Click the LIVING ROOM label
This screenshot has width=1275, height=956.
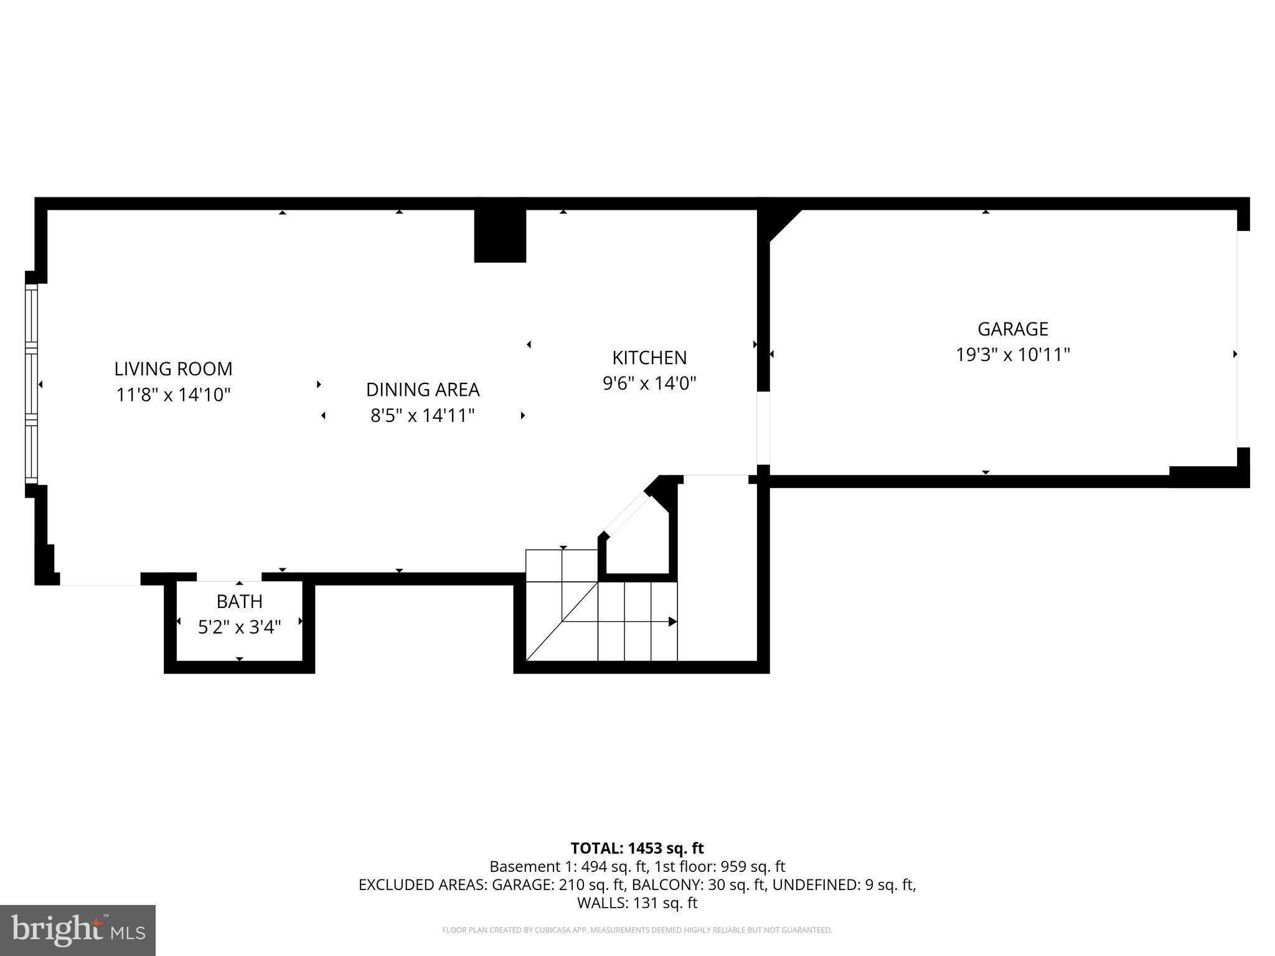[x=173, y=369]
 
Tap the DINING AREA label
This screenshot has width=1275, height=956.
[x=423, y=390]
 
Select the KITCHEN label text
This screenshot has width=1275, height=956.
[x=649, y=358]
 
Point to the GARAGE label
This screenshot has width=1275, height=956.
[x=1012, y=329]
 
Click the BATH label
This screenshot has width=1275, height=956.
[x=239, y=602]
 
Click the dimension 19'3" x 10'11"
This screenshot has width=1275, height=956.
[x=1012, y=355]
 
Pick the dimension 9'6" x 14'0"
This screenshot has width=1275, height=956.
[x=649, y=383]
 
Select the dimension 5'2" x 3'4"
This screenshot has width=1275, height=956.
[x=239, y=627]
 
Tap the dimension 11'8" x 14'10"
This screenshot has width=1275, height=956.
[x=173, y=395]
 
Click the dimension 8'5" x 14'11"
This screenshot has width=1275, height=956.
[x=423, y=415]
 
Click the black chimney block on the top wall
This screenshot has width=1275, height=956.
[x=500, y=236]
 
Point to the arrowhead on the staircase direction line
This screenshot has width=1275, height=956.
[x=672, y=621]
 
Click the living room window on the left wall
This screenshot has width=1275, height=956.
[x=31, y=384]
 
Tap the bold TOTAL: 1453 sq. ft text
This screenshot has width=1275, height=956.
[x=637, y=848]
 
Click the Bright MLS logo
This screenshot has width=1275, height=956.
[x=78, y=930]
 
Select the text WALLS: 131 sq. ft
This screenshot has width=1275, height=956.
[x=637, y=903]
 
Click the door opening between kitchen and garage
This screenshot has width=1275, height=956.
[x=763, y=428]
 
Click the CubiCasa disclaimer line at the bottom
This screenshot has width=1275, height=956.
[x=637, y=930]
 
